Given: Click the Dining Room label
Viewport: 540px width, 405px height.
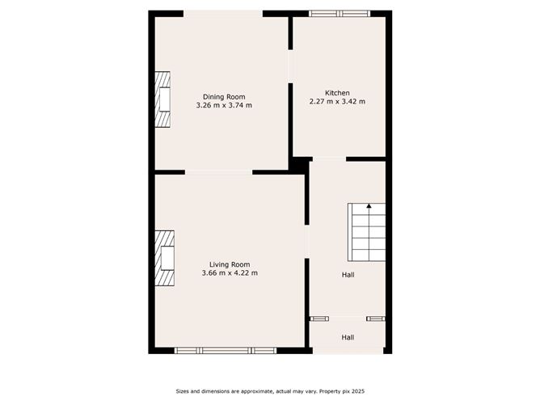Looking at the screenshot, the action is coord(224,97).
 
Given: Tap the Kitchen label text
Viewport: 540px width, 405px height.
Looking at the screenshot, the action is coord(337,93).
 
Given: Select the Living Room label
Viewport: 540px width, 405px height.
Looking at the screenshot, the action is coord(230,264).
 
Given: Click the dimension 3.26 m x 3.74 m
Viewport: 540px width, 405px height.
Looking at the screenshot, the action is coord(224,105).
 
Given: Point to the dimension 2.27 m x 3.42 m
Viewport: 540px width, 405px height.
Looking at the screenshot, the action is coord(337,102).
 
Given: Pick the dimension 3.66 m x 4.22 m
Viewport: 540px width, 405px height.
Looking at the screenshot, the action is coord(230,273).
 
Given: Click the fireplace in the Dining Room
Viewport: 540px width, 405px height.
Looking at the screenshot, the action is coord(162,99).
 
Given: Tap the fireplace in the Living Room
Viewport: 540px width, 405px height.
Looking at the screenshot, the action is coord(165,259).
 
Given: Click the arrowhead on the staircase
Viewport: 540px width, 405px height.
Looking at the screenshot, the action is coord(369,206).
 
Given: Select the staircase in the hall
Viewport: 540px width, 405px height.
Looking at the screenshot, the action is coord(366,232).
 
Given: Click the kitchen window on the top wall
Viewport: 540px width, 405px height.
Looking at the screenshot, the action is coord(340,14).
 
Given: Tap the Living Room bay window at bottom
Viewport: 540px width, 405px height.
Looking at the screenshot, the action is coord(226,351).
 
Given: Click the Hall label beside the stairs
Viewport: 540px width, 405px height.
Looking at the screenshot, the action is coord(348,275).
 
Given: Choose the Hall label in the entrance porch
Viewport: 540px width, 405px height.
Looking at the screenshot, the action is coord(348,338).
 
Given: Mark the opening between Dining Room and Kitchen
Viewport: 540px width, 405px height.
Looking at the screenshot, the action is coord(291,66).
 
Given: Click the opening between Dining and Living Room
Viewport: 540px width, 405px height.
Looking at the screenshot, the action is coord(219,172).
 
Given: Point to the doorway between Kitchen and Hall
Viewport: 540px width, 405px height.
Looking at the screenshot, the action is coord(329,158).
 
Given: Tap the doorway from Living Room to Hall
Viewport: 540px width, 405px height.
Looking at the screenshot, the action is coord(307,242).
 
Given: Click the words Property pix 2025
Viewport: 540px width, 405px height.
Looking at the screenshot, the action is coord(342,391).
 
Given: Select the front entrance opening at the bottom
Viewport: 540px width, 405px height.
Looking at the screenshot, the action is coord(348,351).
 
